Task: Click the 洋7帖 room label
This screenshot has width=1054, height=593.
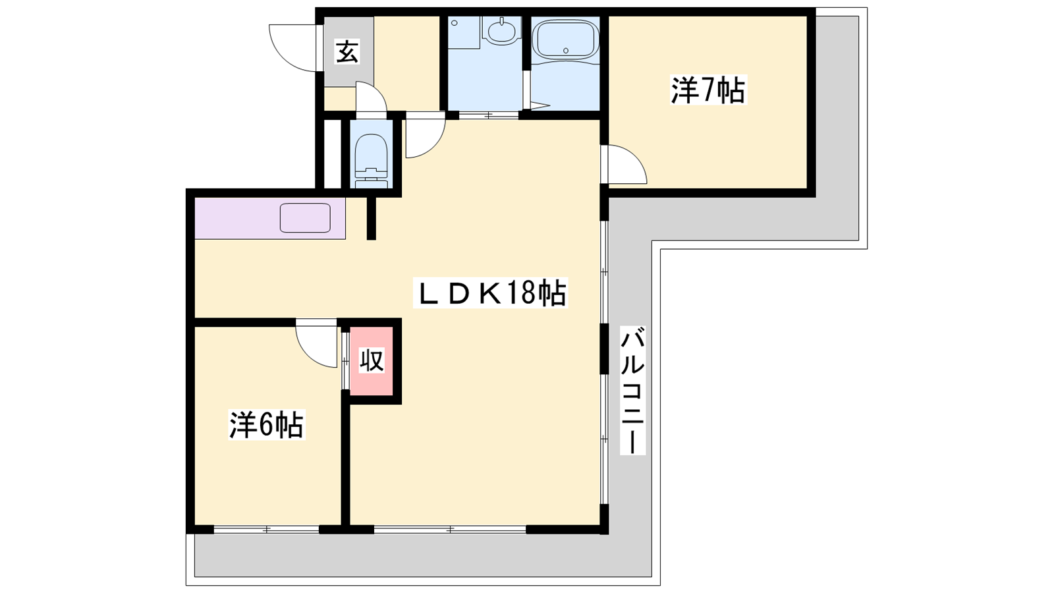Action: click(708, 90)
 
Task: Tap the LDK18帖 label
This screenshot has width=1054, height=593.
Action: click(490, 293)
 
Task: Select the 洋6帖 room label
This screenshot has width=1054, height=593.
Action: click(267, 425)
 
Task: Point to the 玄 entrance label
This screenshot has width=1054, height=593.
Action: click(347, 52)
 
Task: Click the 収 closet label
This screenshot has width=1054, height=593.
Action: click(372, 360)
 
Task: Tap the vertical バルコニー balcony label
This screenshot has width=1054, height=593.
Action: click(632, 390)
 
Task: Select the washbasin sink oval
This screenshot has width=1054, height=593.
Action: click(502, 32)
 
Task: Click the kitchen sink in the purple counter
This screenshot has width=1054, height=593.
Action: click(305, 218)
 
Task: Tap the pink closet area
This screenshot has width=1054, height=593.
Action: click(372, 361)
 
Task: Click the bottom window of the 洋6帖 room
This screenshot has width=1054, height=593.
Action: click(266, 530)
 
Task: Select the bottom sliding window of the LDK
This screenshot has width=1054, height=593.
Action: click(450, 530)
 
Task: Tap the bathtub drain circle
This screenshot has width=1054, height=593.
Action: click(566, 50)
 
